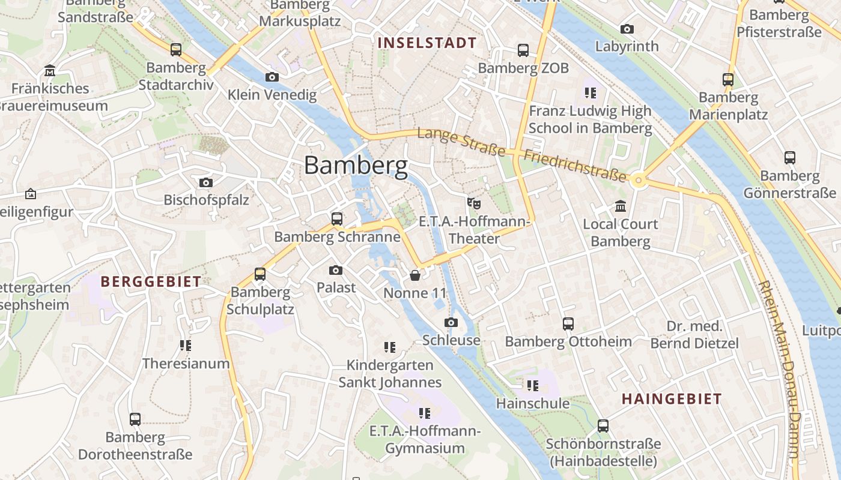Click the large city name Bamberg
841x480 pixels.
pos(356,165)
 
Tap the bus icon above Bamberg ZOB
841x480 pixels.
pos(523,50)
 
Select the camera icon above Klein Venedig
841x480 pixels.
pos(272,77)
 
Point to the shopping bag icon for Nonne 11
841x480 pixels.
pos(414,275)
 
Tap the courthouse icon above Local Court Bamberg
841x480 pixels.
pos(621,206)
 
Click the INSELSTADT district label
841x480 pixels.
pos(427,43)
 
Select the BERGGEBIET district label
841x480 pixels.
pos(151,282)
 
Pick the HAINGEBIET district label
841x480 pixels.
pos(672,399)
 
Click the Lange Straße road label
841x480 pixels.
pos(461,142)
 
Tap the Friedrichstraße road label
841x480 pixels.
pos(575,166)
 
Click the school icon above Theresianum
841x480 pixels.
pos(186,346)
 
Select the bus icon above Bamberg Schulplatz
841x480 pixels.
pos(260,274)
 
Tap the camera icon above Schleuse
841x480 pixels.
pos(451,323)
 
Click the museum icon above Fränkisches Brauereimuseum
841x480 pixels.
pos(50,71)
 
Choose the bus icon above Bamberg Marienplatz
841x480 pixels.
pos(728,79)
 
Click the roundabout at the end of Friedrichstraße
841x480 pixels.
pos(639,179)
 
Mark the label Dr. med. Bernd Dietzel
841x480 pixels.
pos(694,335)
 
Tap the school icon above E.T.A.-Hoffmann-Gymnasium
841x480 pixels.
pos(425,413)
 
